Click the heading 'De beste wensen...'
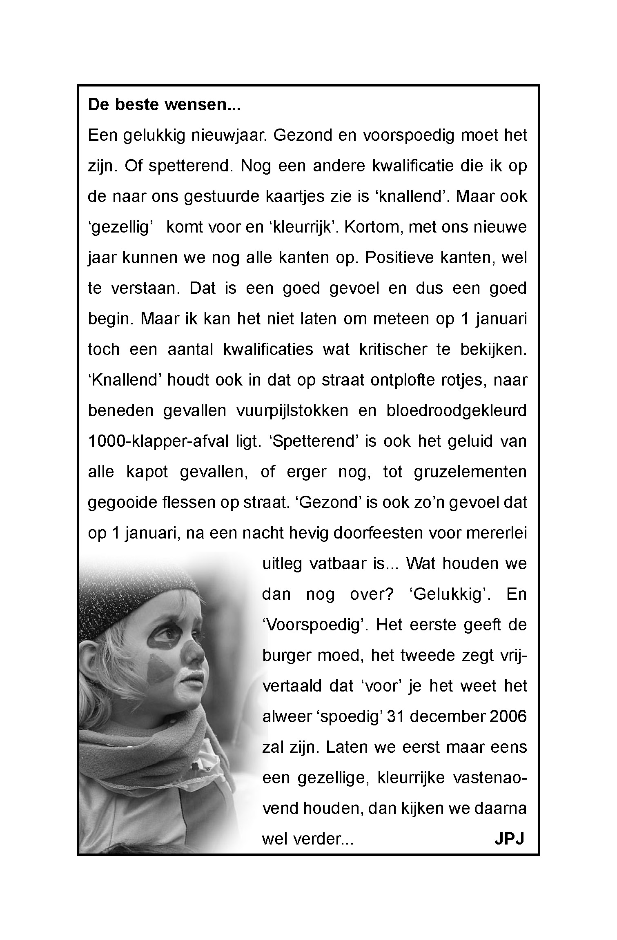coord(164,105)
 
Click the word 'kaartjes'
coord(293,197)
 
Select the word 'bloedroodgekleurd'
coord(457,411)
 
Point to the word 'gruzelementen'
coord(470,472)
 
